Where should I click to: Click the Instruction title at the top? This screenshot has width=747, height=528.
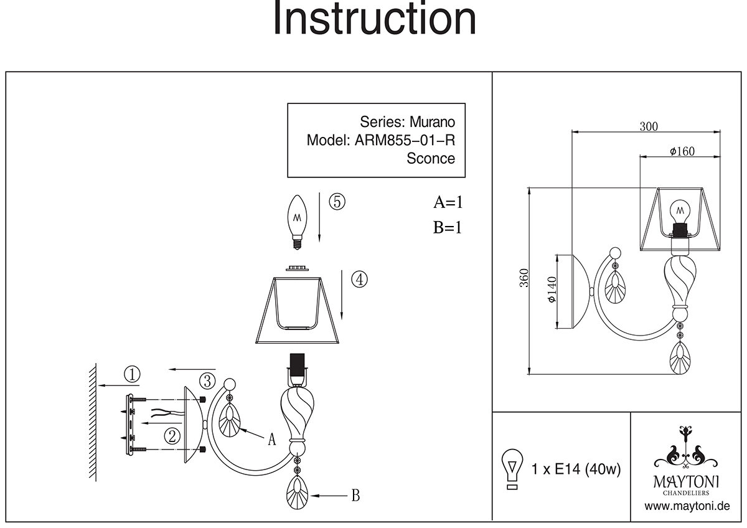click(375, 19)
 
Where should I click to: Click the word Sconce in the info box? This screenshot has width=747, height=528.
click(431, 158)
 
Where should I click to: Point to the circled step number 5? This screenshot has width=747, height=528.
click(336, 202)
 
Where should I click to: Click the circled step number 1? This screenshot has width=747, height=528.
click(132, 374)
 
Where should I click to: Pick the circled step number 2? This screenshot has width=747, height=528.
click(172, 435)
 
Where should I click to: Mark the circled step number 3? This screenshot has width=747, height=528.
click(207, 379)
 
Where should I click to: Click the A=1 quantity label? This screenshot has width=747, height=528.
click(449, 202)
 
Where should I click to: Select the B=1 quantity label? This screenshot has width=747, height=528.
click(448, 227)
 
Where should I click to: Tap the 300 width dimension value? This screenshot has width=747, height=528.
click(649, 126)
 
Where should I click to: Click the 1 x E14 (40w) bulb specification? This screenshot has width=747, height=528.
click(576, 469)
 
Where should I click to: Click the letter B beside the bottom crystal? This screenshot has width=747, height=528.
click(355, 496)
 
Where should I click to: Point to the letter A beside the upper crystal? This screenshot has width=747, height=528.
click(271, 440)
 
